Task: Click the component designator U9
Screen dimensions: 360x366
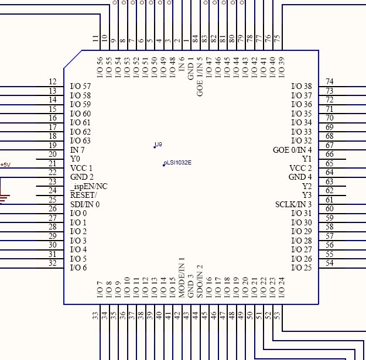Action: (x=158, y=144)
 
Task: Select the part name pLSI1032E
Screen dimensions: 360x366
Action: (x=177, y=163)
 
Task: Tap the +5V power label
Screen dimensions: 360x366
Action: (x=5, y=165)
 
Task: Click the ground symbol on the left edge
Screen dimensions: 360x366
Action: (x=3, y=198)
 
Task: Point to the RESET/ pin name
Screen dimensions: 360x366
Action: (x=84, y=195)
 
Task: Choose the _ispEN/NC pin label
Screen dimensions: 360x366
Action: (x=88, y=186)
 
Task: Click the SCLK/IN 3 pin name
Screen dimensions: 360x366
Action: (x=293, y=204)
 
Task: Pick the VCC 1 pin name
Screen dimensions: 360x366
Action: (x=81, y=168)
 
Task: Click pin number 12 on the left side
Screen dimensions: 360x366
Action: (x=53, y=82)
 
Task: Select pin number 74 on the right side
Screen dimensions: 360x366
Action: (x=330, y=82)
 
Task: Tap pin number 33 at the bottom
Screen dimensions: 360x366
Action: (x=95, y=316)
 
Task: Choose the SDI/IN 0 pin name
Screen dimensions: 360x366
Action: (x=85, y=204)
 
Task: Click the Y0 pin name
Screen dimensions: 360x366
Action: (x=75, y=159)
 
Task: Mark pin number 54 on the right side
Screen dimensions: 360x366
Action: (x=330, y=263)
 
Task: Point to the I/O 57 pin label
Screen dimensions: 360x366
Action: (x=80, y=86)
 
